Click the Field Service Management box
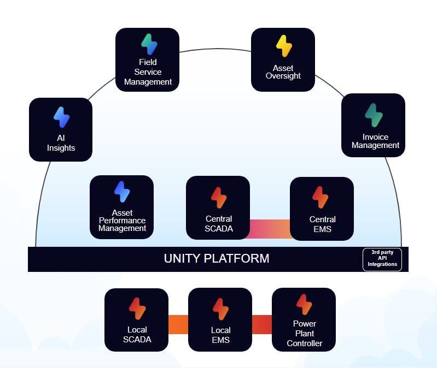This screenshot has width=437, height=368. pos(147,60)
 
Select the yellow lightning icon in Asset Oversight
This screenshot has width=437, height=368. pos(283,46)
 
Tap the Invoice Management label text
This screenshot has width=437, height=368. pos(375,141)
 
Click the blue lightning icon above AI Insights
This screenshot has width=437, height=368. pos(61,117)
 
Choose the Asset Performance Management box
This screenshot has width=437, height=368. pos(121,207)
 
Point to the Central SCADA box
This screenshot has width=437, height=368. pos(218,207)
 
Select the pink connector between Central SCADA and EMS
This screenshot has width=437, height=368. pos(270,229)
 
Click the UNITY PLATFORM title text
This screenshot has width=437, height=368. pos(217,259)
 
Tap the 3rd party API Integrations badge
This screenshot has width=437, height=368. pos(382,259)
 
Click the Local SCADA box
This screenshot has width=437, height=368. pos(136,319)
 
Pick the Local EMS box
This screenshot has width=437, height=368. pos(220,319)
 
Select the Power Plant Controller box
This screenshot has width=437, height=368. pos(304,319)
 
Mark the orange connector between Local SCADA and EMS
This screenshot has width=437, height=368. pos(178,324)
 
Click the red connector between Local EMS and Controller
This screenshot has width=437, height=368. pos(262,324)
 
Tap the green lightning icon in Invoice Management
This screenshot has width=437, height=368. pos(374,115)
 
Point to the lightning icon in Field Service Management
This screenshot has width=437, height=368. pos(148,44)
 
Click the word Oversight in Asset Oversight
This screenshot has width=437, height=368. pos(283,76)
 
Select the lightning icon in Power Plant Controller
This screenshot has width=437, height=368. pos(304,305)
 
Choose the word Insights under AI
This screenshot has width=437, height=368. pos(61,148)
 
